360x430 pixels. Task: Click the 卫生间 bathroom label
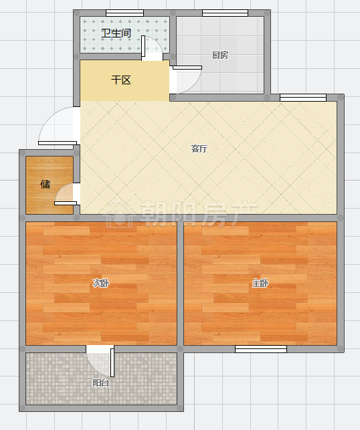pos(116,33)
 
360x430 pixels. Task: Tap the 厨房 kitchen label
pos(220,55)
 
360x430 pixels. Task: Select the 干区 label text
pos(121,80)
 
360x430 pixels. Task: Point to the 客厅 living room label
pos(199,148)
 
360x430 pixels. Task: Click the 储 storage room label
pos(46,184)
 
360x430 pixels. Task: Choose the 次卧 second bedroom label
pos(100,283)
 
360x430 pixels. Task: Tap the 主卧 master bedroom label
pos(260,283)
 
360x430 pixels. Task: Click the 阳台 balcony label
pos(100,383)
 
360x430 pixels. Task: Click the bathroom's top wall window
pos(125,13)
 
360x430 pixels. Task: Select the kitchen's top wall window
pos(226,13)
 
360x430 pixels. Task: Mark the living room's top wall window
pos(303,98)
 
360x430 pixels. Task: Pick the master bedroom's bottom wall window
pos(261,349)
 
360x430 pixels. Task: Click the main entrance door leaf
pos(58,143)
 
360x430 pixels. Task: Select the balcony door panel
pos(112,362)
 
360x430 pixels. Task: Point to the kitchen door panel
pos(187,68)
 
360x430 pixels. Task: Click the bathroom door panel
pos(143,46)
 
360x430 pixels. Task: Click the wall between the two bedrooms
pos(180,284)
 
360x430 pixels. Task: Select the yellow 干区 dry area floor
pos(124,81)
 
